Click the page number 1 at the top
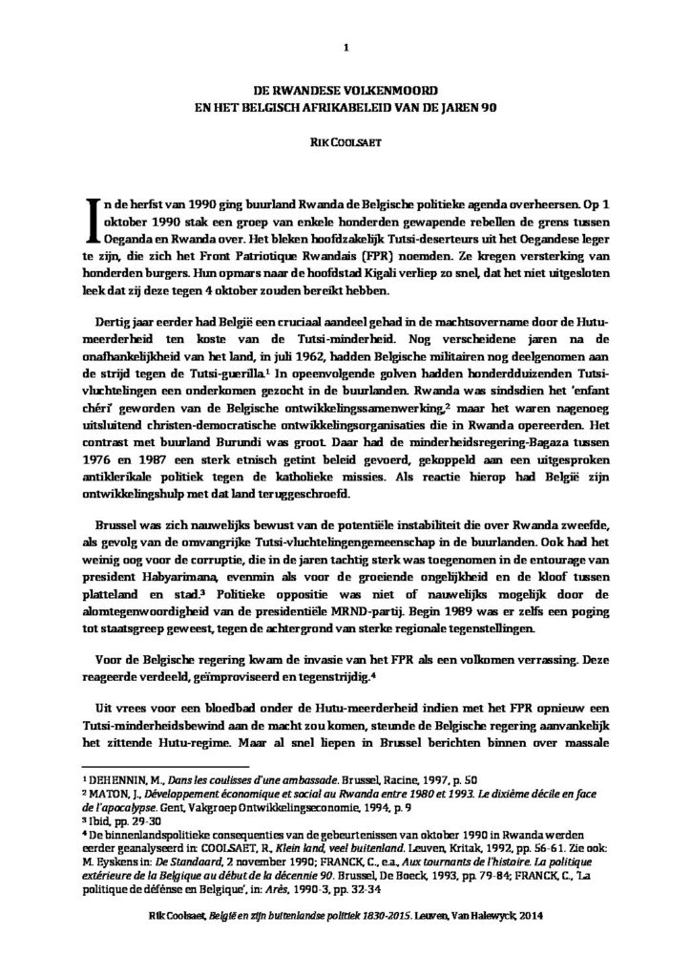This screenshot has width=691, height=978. click(x=345, y=47)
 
